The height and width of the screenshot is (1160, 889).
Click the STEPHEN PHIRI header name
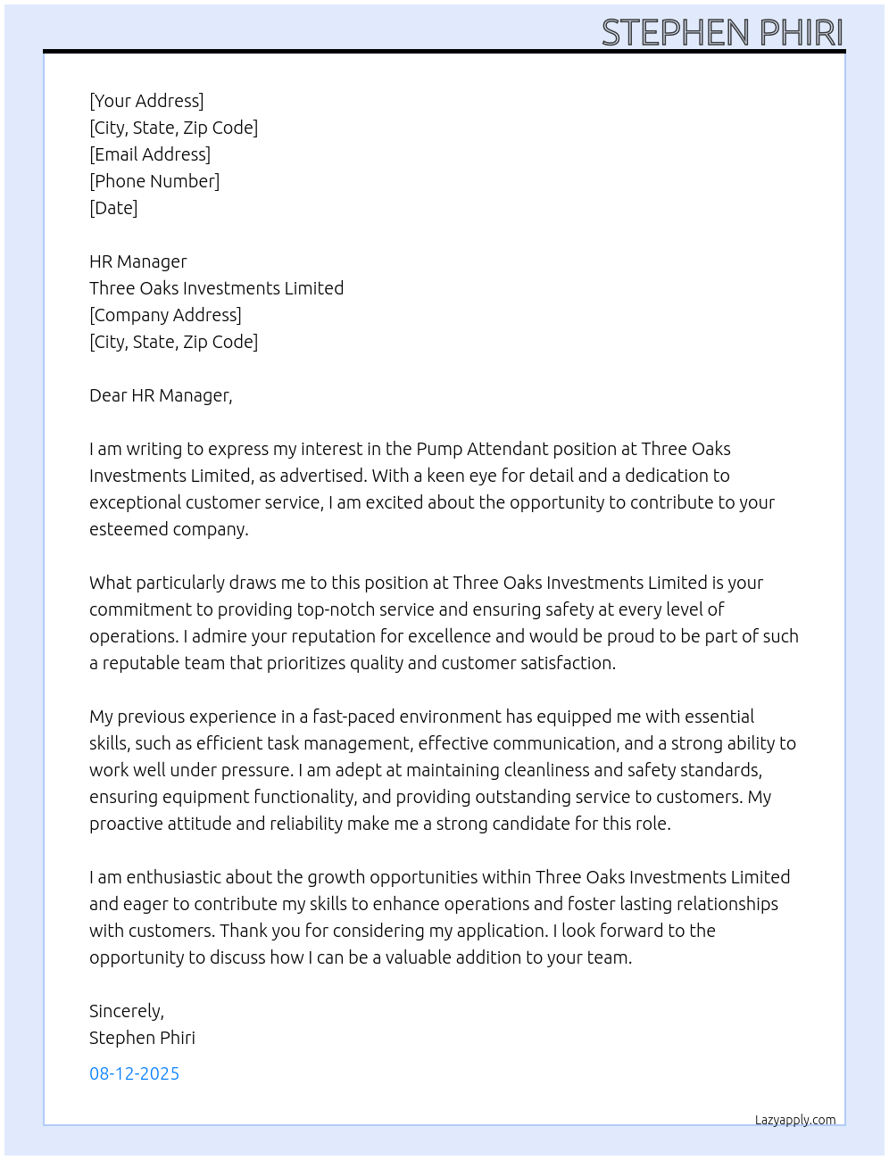722,32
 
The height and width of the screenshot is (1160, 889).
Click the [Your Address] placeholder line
146,101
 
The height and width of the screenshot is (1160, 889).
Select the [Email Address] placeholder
150,154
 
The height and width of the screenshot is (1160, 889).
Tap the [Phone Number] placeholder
154,181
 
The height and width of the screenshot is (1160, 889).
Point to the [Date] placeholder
113,208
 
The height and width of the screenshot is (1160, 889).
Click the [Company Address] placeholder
165,315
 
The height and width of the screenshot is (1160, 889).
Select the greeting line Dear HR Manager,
161,395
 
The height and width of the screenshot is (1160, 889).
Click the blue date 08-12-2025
134,1073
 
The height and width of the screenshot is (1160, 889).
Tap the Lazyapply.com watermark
795,1120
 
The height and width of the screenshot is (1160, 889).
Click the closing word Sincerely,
127,1011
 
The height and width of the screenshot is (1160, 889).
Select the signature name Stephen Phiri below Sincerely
142,1038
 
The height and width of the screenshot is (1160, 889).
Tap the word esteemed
127,529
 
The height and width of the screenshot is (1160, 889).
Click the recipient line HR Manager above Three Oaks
138,261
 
